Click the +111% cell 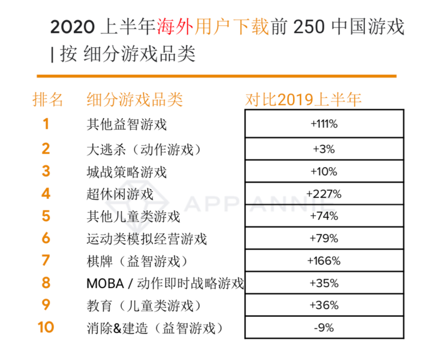click(x=324, y=124)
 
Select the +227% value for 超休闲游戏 click(x=324, y=194)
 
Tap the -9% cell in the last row click(x=324, y=328)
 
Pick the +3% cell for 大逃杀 click(x=324, y=149)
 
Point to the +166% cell click(x=324, y=261)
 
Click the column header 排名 click(x=48, y=99)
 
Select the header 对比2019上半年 click(x=303, y=99)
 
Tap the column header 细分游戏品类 click(x=134, y=99)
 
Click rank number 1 click(x=46, y=124)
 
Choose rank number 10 click(x=46, y=327)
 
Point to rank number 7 click(x=46, y=261)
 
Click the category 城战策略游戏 click(x=127, y=172)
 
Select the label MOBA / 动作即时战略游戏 click(x=165, y=284)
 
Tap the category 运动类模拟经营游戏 click(x=147, y=239)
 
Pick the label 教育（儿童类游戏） click(x=144, y=306)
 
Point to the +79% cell click(x=324, y=238)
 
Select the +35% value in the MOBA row click(x=324, y=283)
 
